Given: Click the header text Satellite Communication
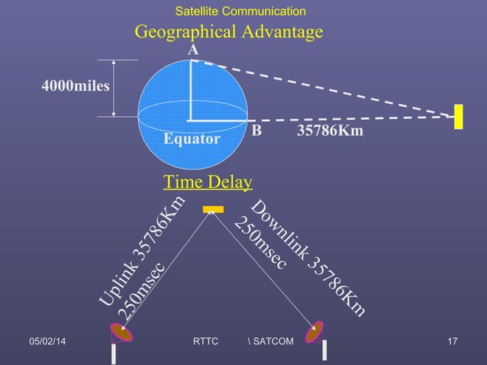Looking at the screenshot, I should pos(240,11).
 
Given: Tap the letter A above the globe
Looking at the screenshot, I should pos(194,49).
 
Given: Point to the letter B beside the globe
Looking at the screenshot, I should pos(256,131).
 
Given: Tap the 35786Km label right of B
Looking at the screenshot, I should pos(330,131).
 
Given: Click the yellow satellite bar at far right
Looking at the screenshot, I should pos(460,116).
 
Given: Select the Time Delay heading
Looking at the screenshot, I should pos(208,182).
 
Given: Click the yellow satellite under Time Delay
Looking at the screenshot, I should pos(212,209).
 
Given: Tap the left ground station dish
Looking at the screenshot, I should pos(121,333).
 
